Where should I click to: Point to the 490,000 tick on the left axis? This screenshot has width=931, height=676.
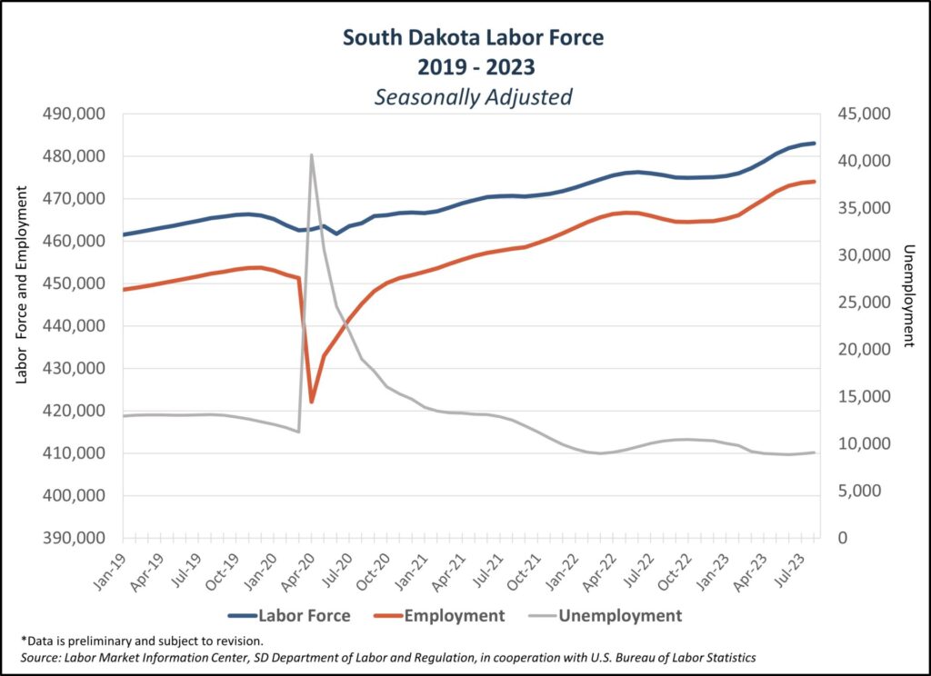click(x=75, y=114)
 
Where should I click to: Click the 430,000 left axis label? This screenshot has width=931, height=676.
click(x=75, y=368)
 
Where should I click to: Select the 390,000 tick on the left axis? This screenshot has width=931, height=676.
click(x=75, y=538)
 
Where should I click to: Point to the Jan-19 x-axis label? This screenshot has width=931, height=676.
click(x=111, y=568)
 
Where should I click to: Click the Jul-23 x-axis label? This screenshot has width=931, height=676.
click(x=801, y=568)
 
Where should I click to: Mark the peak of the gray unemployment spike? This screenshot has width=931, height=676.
click(x=311, y=155)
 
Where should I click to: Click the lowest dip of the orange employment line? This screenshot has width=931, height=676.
click(x=312, y=402)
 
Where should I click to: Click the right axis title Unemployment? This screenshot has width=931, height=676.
click(x=907, y=296)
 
